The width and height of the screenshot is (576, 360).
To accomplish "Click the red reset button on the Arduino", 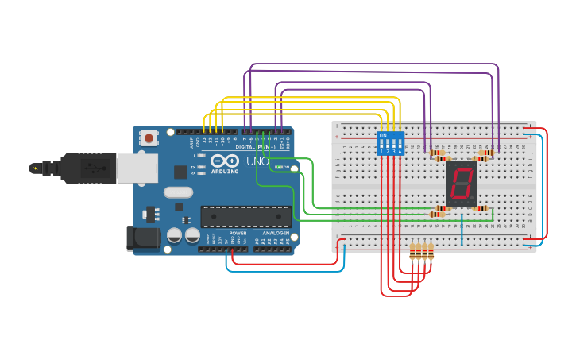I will (x=149, y=138).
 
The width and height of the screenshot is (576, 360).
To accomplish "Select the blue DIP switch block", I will (x=391, y=143).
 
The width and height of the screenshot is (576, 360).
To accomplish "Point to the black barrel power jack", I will (x=143, y=238).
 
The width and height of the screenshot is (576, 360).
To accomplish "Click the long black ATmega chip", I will (x=245, y=216).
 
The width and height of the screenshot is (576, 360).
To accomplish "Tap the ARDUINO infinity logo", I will (x=223, y=161).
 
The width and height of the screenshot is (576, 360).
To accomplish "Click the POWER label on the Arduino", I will (x=238, y=234).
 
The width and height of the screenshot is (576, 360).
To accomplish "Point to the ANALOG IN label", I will (x=276, y=234).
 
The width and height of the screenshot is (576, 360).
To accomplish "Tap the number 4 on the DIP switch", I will (x=400, y=151).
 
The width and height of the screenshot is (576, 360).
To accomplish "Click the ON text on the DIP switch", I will (x=383, y=136).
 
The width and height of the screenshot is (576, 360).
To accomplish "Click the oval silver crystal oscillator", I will (x=178, y=192).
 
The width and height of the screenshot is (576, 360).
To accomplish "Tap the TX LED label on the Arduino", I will (x=193, y=167).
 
